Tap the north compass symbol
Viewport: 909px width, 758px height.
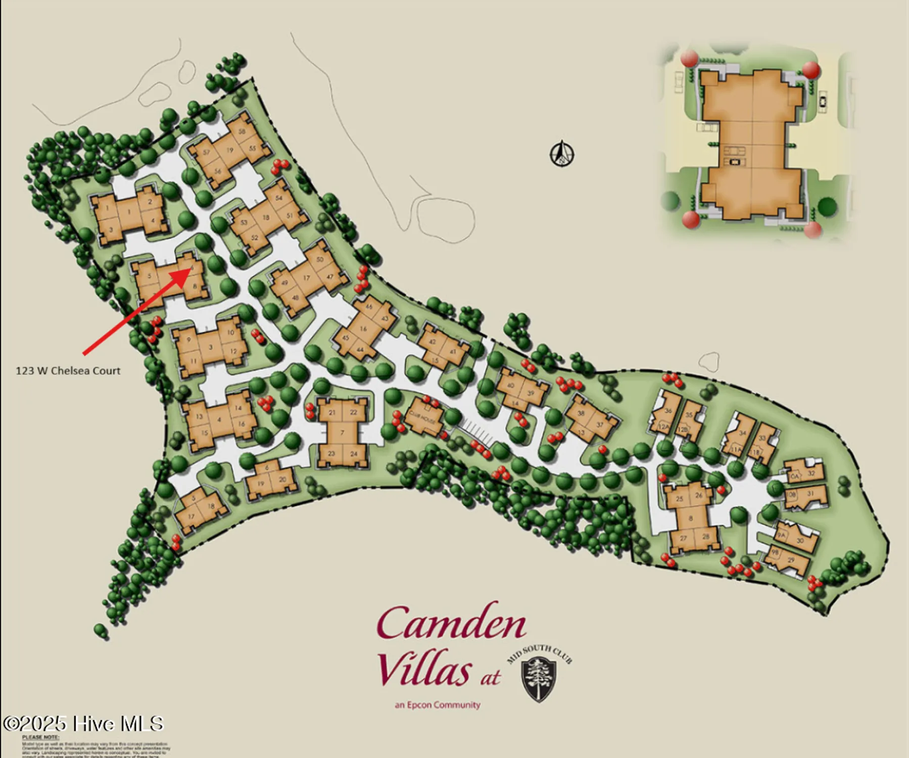(x=562, y=153)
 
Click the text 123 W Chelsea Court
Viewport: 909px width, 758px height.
(x=68, y=371)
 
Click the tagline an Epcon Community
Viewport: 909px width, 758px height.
(x=438, y=705)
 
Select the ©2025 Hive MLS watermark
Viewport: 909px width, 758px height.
(x=83, y=724)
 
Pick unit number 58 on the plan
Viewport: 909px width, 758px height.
(x=242, y=132)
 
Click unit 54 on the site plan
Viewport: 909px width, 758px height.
(x=279, y=198)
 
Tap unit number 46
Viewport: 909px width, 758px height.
(x=369, y=307)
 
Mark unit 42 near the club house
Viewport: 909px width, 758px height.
(x=432, y=342)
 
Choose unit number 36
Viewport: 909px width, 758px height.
(x=668, y=411)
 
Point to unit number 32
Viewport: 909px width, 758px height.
(x=811, y=473)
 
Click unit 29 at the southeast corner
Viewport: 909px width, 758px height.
(x=791, y=559)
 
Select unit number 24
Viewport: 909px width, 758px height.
(x=354, y=453)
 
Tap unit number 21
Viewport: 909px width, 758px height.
(x=332, y=413)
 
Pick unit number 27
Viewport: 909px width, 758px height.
(x=683, y=538)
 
